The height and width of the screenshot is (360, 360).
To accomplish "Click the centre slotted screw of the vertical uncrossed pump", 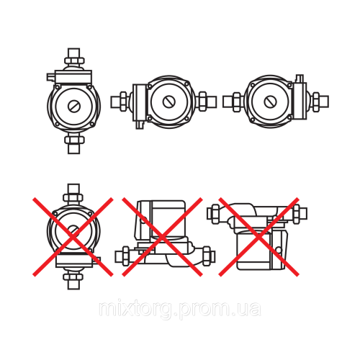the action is point(74,106).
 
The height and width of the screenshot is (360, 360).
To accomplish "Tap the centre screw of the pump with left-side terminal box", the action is point(169,102).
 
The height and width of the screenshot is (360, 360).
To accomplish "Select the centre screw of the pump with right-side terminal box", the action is point(270,102).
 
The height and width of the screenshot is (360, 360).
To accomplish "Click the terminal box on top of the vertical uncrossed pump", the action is point(69,77).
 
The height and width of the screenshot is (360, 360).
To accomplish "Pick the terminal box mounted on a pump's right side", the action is point(300,99).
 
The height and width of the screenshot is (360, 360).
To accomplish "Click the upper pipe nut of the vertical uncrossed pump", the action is point(74,60).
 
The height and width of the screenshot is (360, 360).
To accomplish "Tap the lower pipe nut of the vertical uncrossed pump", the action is point(74,140).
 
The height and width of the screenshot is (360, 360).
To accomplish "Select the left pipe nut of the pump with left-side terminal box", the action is point(123,102).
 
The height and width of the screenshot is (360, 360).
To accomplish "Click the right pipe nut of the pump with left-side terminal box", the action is point(203,102).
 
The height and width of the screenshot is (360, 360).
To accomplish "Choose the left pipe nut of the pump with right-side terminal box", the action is point(237,102).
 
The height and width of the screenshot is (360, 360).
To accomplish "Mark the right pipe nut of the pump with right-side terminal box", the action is point(316,102).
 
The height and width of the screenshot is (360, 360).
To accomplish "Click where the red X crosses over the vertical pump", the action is point(73,237).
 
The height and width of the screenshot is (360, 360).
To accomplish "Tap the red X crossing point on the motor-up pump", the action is point(162,237).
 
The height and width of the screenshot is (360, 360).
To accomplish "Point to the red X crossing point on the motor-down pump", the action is point(258,237).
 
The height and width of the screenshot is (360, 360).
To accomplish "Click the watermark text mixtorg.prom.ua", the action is point(180,310).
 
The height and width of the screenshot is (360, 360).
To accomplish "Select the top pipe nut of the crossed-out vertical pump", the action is point(73,198).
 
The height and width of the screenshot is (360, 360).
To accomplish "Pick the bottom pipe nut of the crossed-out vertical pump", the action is point(73,277).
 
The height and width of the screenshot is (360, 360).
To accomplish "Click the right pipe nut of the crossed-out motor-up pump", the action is point(207,256).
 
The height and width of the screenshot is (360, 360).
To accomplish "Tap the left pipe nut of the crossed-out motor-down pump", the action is point(215,214).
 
